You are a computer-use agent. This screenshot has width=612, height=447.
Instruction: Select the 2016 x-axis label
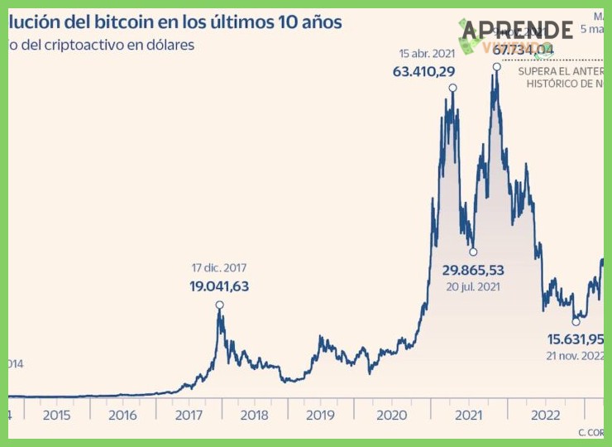pos(122,415)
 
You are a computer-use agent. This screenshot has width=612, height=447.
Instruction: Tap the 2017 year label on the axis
pos(189,415)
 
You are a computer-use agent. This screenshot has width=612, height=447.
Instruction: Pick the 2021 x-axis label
pos(470,415)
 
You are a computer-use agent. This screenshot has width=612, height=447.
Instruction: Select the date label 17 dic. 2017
pos(219,268)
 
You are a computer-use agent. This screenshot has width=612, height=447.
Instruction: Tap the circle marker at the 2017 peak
pos(220,305)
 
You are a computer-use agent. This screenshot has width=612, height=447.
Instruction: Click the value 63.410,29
pos(423,71)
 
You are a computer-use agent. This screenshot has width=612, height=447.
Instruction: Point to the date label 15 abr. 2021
pos(427,54)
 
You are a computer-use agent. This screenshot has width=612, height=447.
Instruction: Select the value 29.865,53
pos(473,270)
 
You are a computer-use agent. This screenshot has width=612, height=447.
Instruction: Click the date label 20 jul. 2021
pos(473,286)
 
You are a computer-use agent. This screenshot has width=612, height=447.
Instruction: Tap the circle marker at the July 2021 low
pos(473,252)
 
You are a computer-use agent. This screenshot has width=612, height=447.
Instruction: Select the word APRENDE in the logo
pos(517,31)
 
